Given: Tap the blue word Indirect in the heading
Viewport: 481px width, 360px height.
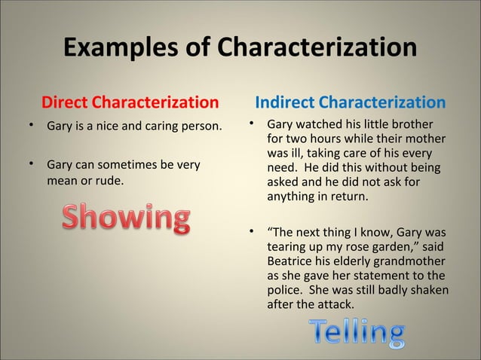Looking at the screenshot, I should [x=285, y=102].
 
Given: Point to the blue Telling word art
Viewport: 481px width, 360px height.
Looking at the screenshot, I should [x=356, y=334].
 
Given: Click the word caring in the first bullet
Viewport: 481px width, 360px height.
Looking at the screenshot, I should [x=157, y=125].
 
